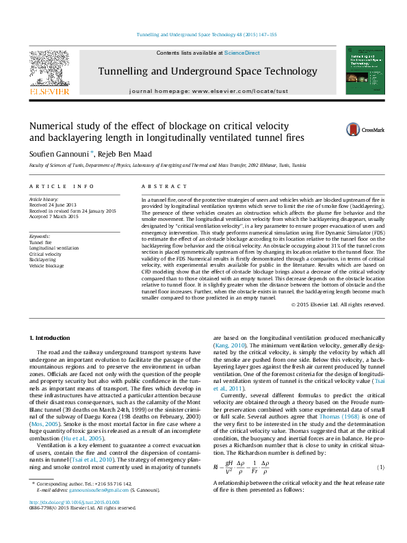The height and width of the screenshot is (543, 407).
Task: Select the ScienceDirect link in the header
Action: point(242,53)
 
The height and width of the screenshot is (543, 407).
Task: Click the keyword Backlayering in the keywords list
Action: point(43,260)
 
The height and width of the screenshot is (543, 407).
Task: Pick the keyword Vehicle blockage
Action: point(46,266)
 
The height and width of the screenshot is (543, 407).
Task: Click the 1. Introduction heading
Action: point(51,339)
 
